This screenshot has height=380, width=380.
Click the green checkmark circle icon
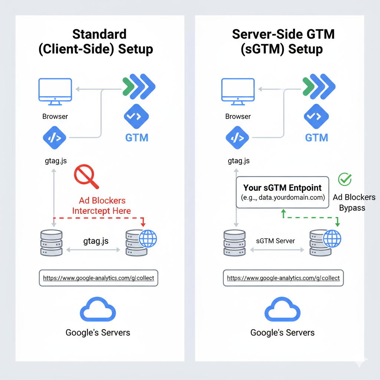tap(345, 179)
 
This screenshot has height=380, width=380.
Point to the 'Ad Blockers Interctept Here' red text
tap(101, 206)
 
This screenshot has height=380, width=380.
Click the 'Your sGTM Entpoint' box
tap(282, 192)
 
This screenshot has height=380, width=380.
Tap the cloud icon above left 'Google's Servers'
tap(98, 310)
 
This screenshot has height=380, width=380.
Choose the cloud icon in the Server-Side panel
tap(282, 310)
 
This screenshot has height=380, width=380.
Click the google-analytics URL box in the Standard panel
tap(98, 278)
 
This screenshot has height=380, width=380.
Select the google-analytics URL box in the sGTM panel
tap(283, 278)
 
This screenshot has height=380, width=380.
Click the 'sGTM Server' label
tap(275, 241)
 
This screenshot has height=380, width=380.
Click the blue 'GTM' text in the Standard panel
tap(137, 138)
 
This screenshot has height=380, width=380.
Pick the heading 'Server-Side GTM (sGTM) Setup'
tap(283, 42)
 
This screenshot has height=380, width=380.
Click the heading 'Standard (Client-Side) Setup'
tap(99, 42)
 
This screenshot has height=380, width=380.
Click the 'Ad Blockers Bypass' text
tap(354, 202)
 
